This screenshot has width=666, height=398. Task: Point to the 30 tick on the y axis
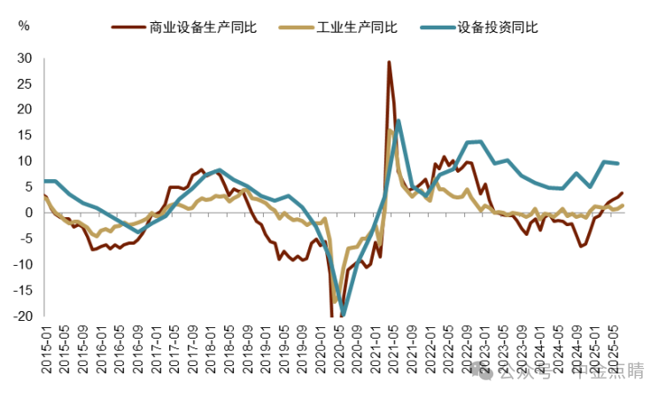point(24,59)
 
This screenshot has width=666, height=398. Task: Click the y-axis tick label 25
point(24,84)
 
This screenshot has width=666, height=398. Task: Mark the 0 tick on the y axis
point(27,213)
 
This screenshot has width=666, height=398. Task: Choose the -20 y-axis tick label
point(22,316)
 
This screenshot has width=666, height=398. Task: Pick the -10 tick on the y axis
point(22,264)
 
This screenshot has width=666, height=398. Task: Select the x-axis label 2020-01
point(322,349)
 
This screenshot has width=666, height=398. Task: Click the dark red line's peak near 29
point(389,63)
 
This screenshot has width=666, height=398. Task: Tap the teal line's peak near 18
point(399,121)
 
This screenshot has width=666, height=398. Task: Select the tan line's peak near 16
point(389,130)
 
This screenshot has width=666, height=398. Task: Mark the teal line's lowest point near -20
point(343,315)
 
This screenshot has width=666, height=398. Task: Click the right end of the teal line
point(617,163)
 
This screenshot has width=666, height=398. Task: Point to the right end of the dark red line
point(622,193)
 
